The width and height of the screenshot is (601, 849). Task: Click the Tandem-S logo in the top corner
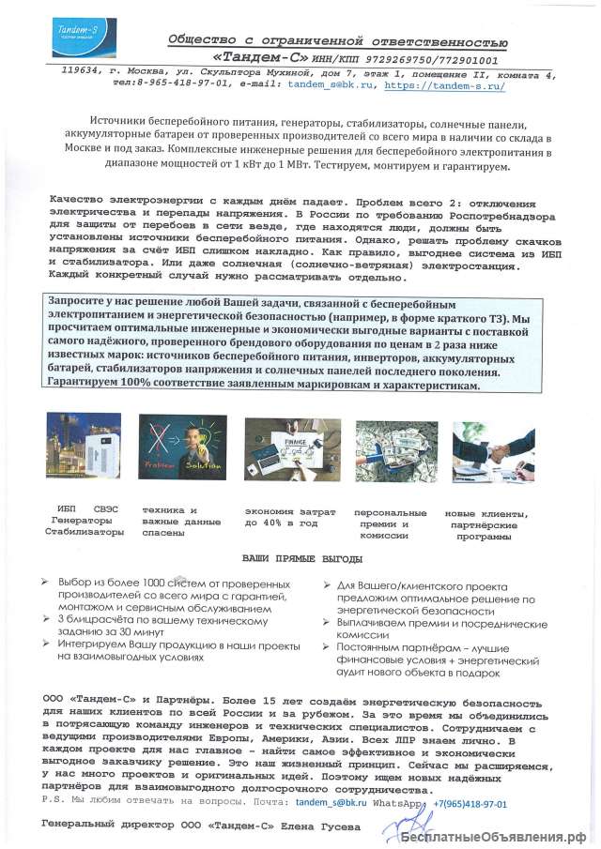(78, 32)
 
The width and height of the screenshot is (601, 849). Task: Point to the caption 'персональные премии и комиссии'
(390, 523)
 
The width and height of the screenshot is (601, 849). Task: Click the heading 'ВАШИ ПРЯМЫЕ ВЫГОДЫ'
(300, 559)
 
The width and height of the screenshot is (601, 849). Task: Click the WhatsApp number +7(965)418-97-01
(470, 804)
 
